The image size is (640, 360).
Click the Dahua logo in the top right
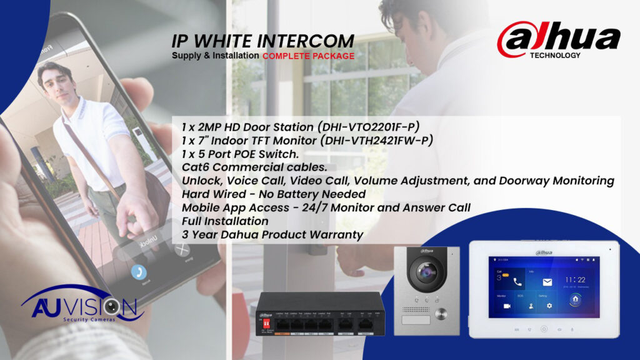click(558, 39)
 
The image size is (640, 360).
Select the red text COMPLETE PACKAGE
click(308, 56)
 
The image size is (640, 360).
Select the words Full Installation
click(225, 221)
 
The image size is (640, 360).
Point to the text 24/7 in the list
click(335, 207)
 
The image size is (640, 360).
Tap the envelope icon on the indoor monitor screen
click(547, 282)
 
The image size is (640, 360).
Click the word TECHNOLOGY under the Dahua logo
click(555, 55)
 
